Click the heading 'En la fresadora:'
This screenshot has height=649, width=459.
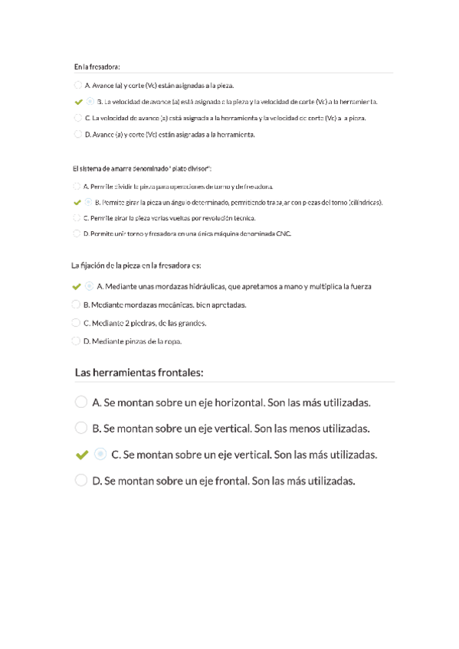click(x=97, y=67)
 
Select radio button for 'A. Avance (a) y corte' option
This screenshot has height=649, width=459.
click(x=77, y=85)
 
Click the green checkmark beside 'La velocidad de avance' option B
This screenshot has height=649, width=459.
click(x=77, y=102)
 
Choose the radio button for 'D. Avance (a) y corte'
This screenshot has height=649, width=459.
click(x=77, y=134)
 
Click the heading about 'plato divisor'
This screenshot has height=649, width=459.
click(x=142, y=168)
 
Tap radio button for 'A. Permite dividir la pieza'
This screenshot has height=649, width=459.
click(x=76, y=186)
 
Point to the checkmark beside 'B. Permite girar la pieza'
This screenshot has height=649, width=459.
click(x=76, y=203)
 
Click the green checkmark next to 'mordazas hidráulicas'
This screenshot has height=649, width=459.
click(x=75, y=286)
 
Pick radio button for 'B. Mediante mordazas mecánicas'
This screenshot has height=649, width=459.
click(x=75, y=304)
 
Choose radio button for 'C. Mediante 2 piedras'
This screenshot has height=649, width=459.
click(x=75, y=322)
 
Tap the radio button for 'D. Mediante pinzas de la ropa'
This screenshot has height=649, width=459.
click(x=75, y=341)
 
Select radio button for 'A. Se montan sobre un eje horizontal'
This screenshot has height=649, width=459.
click(x=80, y=402)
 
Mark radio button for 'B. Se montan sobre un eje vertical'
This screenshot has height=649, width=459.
click(x=80, y=428)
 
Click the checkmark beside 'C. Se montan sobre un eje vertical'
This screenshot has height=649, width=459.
click(x=81, y=455)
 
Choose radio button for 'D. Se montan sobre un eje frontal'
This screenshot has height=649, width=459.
click(x=80, y=481)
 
